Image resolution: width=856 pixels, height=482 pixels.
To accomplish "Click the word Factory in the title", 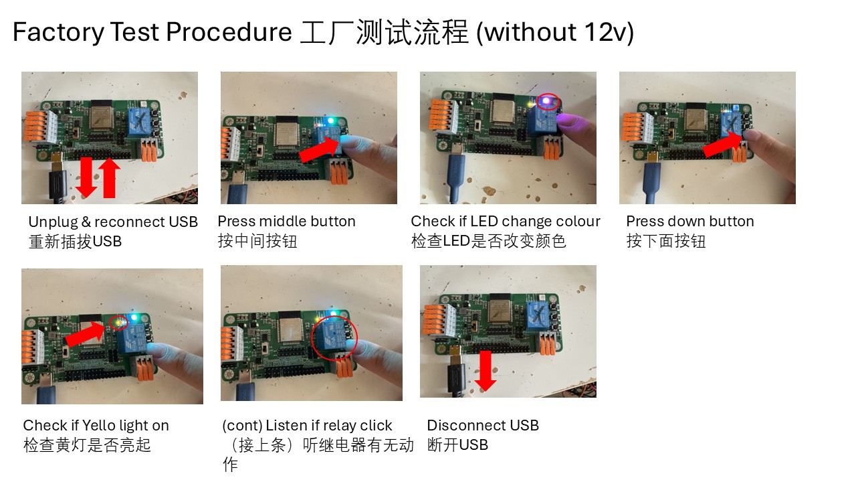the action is [x=58, y=31].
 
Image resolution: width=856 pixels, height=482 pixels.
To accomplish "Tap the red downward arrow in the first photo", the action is [x=86, y=177].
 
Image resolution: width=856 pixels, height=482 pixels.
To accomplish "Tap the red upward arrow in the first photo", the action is [x=109, y=178].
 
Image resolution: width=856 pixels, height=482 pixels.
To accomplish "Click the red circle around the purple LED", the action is [x=548, y=102].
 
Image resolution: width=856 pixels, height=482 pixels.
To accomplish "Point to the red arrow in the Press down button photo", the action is [x=723, y=143].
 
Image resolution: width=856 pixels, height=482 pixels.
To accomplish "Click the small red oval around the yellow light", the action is [x=119, y=323].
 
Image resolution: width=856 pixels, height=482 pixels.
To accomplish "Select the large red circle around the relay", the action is [x=334, y=338].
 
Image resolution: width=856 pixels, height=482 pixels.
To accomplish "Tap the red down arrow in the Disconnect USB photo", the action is [x=486, y=371].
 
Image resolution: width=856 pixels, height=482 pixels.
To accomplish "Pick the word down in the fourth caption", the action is [x=675, y=221].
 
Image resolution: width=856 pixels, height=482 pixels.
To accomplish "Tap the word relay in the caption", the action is [x=339, y=425].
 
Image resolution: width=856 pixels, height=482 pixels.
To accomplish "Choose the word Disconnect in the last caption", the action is [x=467, y=425].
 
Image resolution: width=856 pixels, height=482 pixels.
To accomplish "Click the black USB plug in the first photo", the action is [x=58, y=183].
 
